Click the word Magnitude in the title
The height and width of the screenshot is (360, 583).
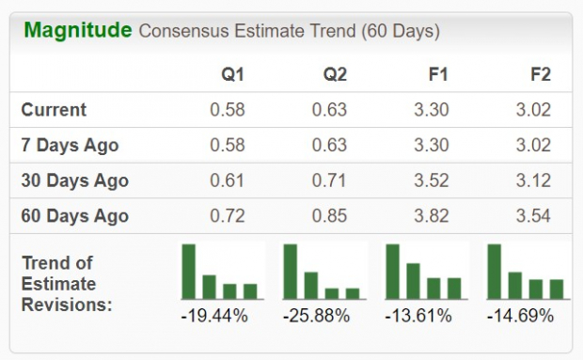(x=77, y=31)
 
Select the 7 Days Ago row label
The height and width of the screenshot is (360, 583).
(x=70, y=146)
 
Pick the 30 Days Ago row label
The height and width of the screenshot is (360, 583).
(x=74, y=180)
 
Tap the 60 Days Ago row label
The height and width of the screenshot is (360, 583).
(x=74, y=216)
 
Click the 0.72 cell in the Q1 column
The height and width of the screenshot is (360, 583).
(x=228, y=216)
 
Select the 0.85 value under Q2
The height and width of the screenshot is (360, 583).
(x=331, y=216)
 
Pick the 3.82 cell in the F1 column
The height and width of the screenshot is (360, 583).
(x=433, y=216)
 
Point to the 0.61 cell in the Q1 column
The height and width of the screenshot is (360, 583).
(x=228, y=180)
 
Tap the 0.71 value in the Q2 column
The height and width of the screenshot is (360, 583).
(x=331, y=180)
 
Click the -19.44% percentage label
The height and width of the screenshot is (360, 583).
(x=214, y=316)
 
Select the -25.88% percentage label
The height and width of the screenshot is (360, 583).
(x=317, y=316)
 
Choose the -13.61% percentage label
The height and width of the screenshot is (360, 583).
(x=418, y=316)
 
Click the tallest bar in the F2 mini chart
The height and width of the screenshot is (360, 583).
(x=495, y=271)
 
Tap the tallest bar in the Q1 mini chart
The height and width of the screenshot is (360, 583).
(x=189, y=271)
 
